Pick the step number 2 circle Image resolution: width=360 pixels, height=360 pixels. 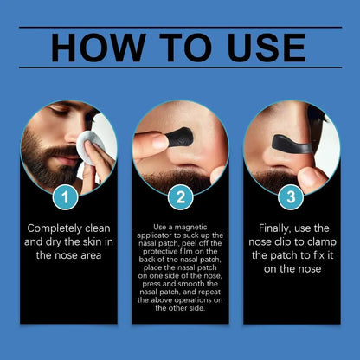180,196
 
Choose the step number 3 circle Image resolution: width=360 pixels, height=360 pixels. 291,196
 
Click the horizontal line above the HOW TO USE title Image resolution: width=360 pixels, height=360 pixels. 180,26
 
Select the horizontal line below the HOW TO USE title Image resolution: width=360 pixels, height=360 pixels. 180,67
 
